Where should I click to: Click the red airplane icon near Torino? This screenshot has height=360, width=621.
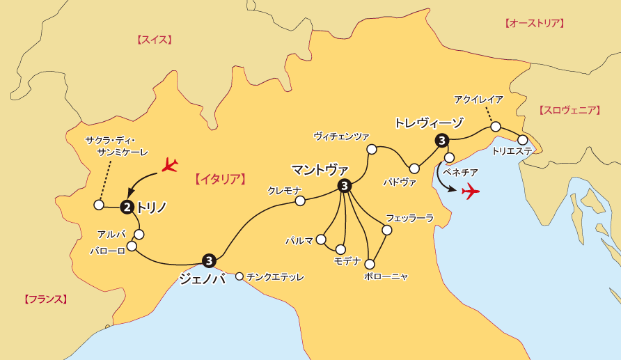tap(169, 165)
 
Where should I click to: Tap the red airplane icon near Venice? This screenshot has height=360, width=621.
tap(471, 190)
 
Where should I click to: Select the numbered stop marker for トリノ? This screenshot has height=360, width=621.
tap(127, 206)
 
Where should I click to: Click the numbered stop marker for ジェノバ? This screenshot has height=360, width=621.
tap(209, 260)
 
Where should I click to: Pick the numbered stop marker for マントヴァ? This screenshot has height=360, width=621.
tap(344, 186)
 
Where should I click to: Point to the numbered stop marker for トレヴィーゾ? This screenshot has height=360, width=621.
tap(441, 141)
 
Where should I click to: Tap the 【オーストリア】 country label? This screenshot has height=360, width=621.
tap(533, 23)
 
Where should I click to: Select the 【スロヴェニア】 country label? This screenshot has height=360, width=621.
tap(569, 110)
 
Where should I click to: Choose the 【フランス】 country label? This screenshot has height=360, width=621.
tap(45, 299)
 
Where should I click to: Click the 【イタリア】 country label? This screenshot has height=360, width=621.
tap(219, 179)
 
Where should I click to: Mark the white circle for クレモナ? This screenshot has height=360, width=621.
tap(300, 201)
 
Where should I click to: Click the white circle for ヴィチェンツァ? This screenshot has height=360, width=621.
tap(372, 148)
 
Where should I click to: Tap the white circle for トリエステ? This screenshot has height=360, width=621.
tap(523, 140)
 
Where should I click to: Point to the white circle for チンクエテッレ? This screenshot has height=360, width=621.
tap(239, 276)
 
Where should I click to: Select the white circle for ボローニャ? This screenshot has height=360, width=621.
tap(370, 264)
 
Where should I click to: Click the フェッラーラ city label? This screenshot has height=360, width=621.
tap(409, 218)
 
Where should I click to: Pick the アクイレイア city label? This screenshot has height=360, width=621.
tap(478, 100)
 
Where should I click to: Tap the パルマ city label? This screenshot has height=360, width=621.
tap(299, 240)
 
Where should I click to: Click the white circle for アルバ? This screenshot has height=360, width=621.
tap(139, 235)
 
